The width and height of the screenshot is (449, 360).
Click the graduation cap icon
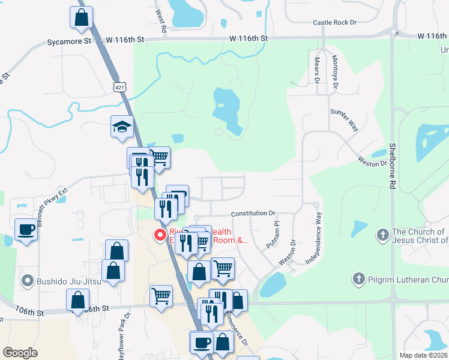point(122,127)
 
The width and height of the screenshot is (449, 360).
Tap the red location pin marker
point(160,235)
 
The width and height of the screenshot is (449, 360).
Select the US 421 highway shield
point(120,88)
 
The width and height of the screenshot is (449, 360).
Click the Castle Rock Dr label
point(334,23)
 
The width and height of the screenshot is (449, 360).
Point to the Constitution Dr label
point(253,213)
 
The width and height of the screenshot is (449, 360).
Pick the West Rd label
point(160,20)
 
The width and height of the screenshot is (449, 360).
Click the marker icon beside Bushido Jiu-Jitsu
point(26,280)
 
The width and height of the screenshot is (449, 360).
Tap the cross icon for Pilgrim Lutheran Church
point(358,278)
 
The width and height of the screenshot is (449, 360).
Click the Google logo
point(20,353)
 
